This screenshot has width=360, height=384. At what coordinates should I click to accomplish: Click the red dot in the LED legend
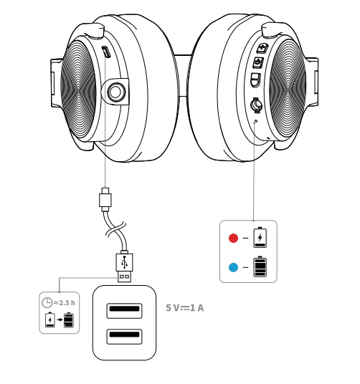pyautogui.click(x=232, y=238)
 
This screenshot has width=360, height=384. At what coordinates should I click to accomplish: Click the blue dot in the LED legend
pyautogui.click(x=232, y=268)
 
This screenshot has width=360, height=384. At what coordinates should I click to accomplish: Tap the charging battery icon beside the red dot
pyautogui.click(x=260, y=236)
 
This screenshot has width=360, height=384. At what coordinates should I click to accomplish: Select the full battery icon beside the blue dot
pyautogui.click(x=260, y=267)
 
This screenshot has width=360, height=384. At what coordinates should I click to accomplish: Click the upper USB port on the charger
pyautogui.click(x=124, y=310)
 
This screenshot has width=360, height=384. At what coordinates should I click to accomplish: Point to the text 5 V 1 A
pyautogui.click(x=185, y=308)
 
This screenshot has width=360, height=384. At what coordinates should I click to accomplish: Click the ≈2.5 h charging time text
pyautogui.click(x=65, y=302)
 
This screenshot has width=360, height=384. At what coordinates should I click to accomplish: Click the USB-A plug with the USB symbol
pyautogui.click(x=125, y=266)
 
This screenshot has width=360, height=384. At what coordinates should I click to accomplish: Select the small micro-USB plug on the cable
pyautogui.click(x=105, y=198)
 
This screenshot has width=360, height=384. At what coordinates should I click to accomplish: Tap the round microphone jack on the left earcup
pyautogui.click(x=115, y=91)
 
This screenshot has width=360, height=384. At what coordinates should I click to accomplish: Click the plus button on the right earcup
pyautogui.click(x=262, y=49)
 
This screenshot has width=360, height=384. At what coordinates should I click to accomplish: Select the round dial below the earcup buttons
pyautogui.click(x=255, y=105)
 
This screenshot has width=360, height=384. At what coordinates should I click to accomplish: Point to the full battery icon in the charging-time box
pyautogui.click(x=69, y=320)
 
